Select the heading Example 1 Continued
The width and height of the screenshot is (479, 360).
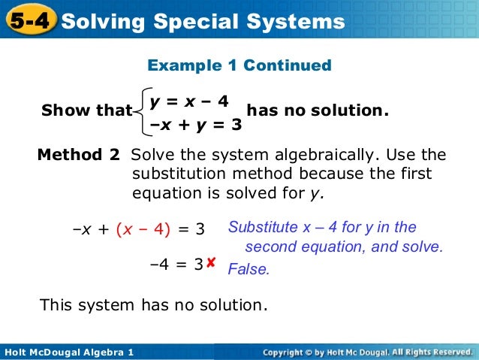pyautogui.click(x=239, y=65)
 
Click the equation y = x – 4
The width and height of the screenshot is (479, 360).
pyautogui.click(x=188, y=100)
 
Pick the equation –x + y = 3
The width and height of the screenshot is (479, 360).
pyautogui.click(x=195, y=125)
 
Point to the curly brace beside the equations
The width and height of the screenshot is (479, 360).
pyautogui.click(x=140, y=110)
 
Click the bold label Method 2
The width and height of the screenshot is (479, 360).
pyautogui.click(x=78, y=156)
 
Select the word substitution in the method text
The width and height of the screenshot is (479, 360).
pyautogui.click(x=177, y=174)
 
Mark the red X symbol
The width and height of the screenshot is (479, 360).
pyautogui.click(x=211, y=262)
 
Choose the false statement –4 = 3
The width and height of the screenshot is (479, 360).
pyautogui.click(x=176, y=265)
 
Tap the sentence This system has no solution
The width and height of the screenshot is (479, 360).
pyautogui.click(x=153, y=305)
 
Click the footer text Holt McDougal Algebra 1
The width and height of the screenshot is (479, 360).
pyautogui.click(x=68, y=352)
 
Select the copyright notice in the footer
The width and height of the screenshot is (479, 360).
pyautogui.click(x=368, y=352)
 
